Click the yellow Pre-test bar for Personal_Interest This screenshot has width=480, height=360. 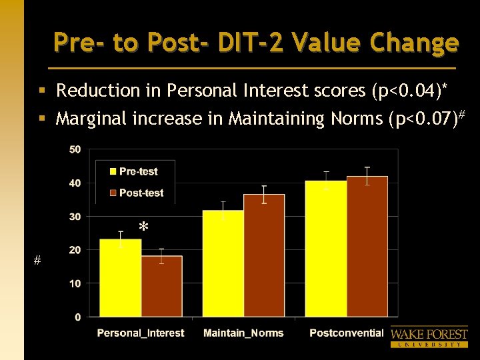point(121,278)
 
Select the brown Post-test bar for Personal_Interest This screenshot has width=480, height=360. point(161,286)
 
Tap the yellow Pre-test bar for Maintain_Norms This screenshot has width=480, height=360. point(223,263)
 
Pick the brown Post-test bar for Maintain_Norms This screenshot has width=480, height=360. point(264,255)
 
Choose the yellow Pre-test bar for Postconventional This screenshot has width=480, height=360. point(326,249)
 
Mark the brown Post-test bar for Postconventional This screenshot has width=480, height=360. point(367,247)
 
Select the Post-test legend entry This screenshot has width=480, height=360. point(136,193)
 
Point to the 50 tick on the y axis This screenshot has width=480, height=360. point(75,149)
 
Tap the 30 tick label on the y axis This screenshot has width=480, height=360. point(75,217)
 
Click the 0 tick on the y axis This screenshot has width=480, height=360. point(77,317)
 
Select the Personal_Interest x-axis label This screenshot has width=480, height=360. point(141,333)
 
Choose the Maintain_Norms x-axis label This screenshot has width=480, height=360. point(243,333)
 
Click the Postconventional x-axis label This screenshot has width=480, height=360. point(346,333)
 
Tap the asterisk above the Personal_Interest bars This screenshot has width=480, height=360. point(143,228)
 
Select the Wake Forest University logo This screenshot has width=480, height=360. point(429,337)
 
